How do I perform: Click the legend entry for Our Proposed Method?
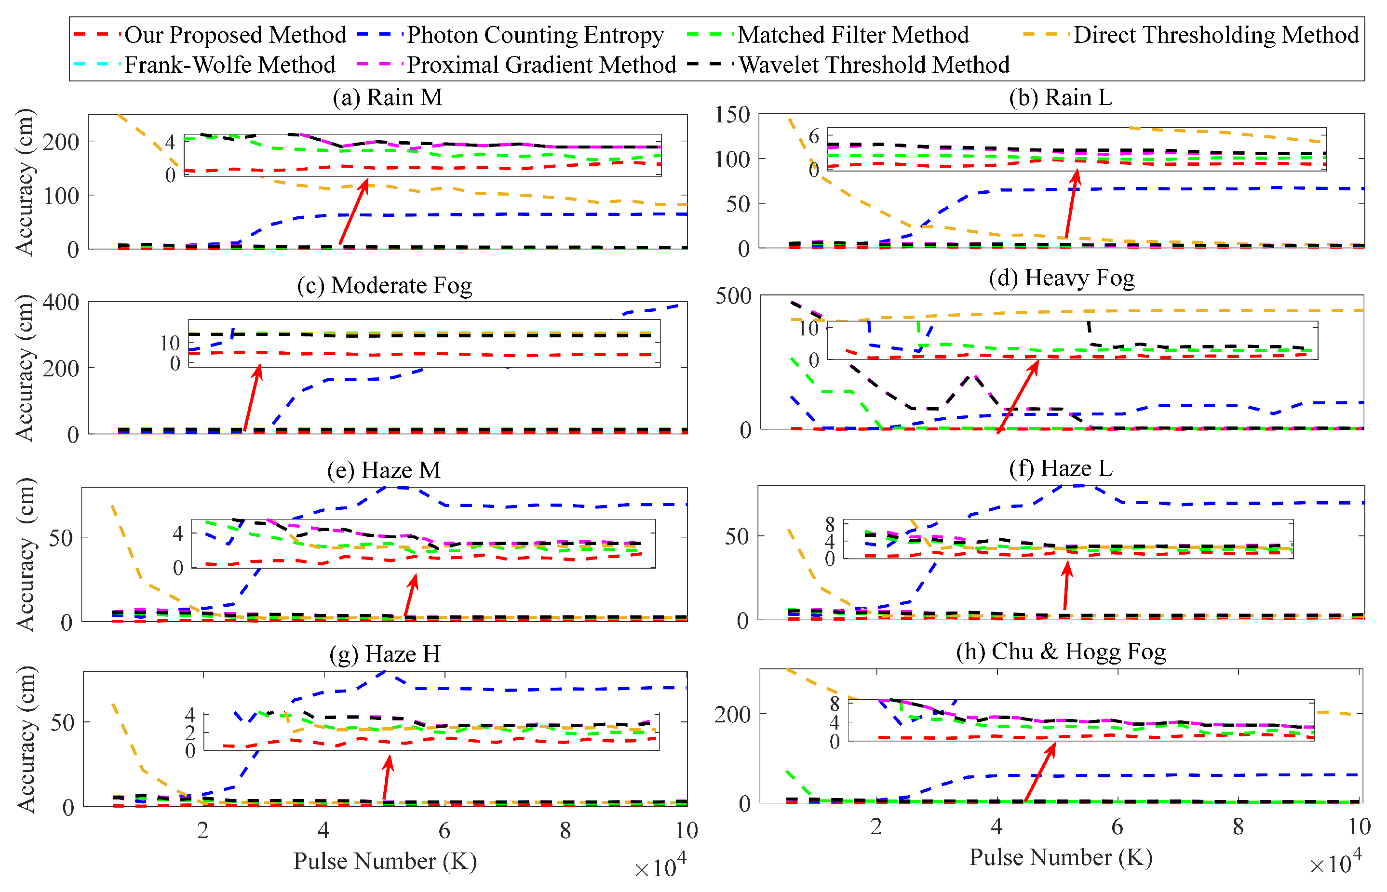click(x=235, y=35)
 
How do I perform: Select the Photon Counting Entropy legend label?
click(x=534, y=35)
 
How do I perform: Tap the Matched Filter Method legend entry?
click(x=852, y=35)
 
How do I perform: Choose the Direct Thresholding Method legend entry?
click(x=1215, y=35)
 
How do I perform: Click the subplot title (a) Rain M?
click(x=387, y=97)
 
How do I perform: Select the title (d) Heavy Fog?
click(x=1062, y=278)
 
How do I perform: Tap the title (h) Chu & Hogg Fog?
click(x=1060, y=652)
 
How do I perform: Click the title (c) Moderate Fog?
click(x=384, y=286)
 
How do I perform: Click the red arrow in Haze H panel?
click(x=387, y=777)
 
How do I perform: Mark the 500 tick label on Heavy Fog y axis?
click(x=733, y=296)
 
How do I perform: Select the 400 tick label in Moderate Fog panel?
click(x=61, y=302)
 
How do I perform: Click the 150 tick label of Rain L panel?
click(x=732, y=115)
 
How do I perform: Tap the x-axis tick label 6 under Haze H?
click(x=444, y=831)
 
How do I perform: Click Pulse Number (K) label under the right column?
click(x=1060, y=857)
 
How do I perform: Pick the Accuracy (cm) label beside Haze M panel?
click(x=26, y=554)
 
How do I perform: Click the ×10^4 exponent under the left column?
click(x=660, y=866)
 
